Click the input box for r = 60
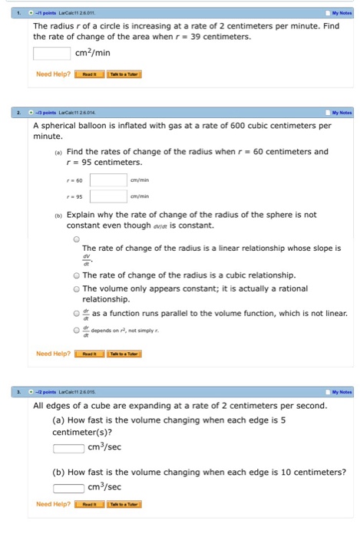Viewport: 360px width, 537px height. point(108,180)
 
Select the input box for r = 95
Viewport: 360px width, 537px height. point(108,196)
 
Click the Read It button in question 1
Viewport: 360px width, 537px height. point(89,74)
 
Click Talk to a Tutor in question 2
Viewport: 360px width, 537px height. point(124,354)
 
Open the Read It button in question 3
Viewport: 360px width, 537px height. point(89,504)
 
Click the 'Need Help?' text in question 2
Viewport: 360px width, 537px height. point(53,354)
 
